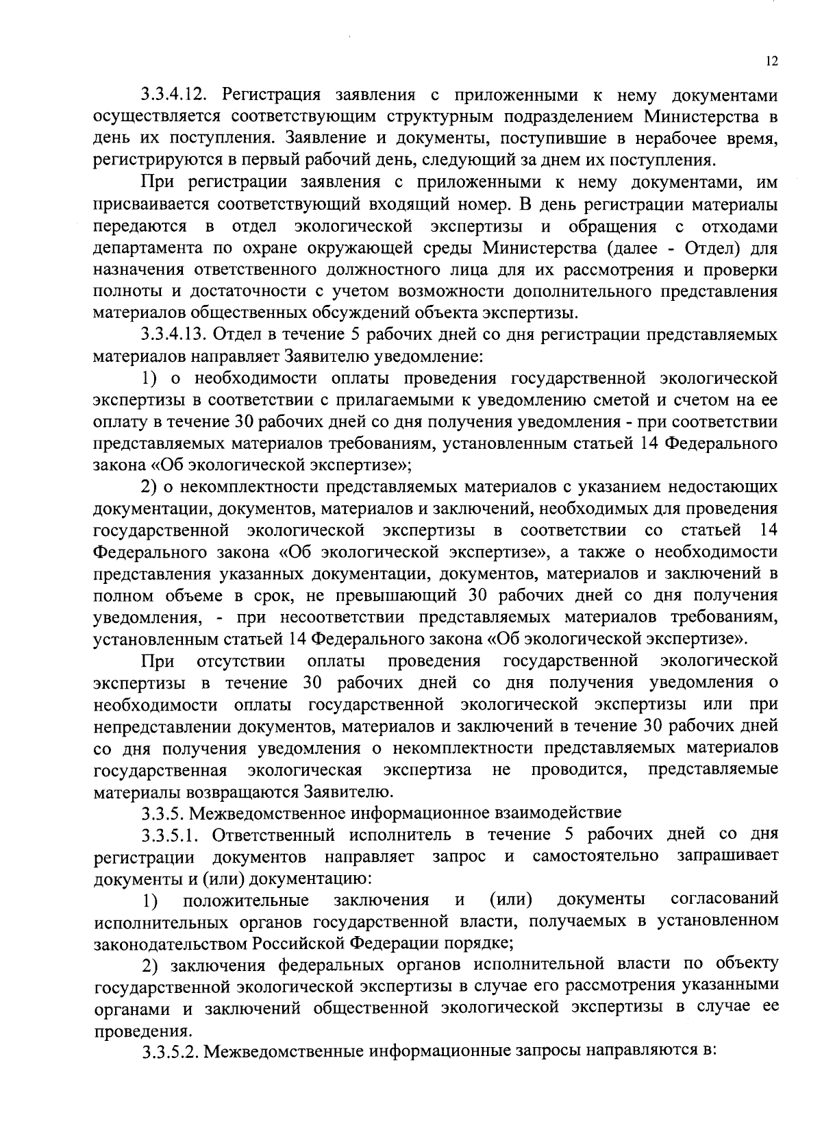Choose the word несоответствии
click(x=345, y=617)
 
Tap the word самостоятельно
click(x=596, y=856)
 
